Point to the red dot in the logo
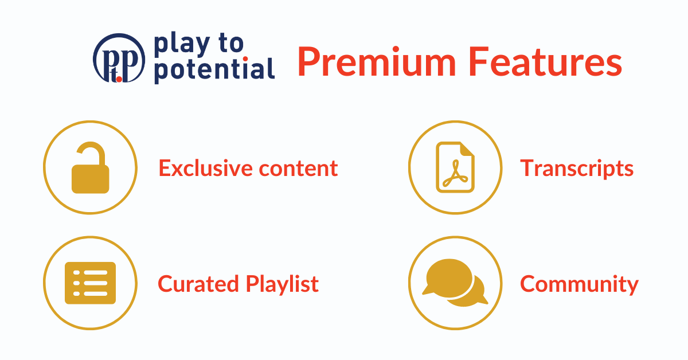pyautogui.click(x=119, y=79)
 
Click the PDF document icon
pyautogui.click(x=455, y=167)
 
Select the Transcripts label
pyautogui.click(x=577, y=169)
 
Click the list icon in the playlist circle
pyautogui.click(x=90, y=283)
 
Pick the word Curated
pyautogui.click(x=197, y=284)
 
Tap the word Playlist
pyautogui.click(x=282, y=284)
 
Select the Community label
pyautogui.click(x=578, y=284)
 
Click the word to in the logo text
pyautogui.click(x=232, y=43)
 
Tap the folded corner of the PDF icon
pyautogui.click(x=468, y=150)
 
